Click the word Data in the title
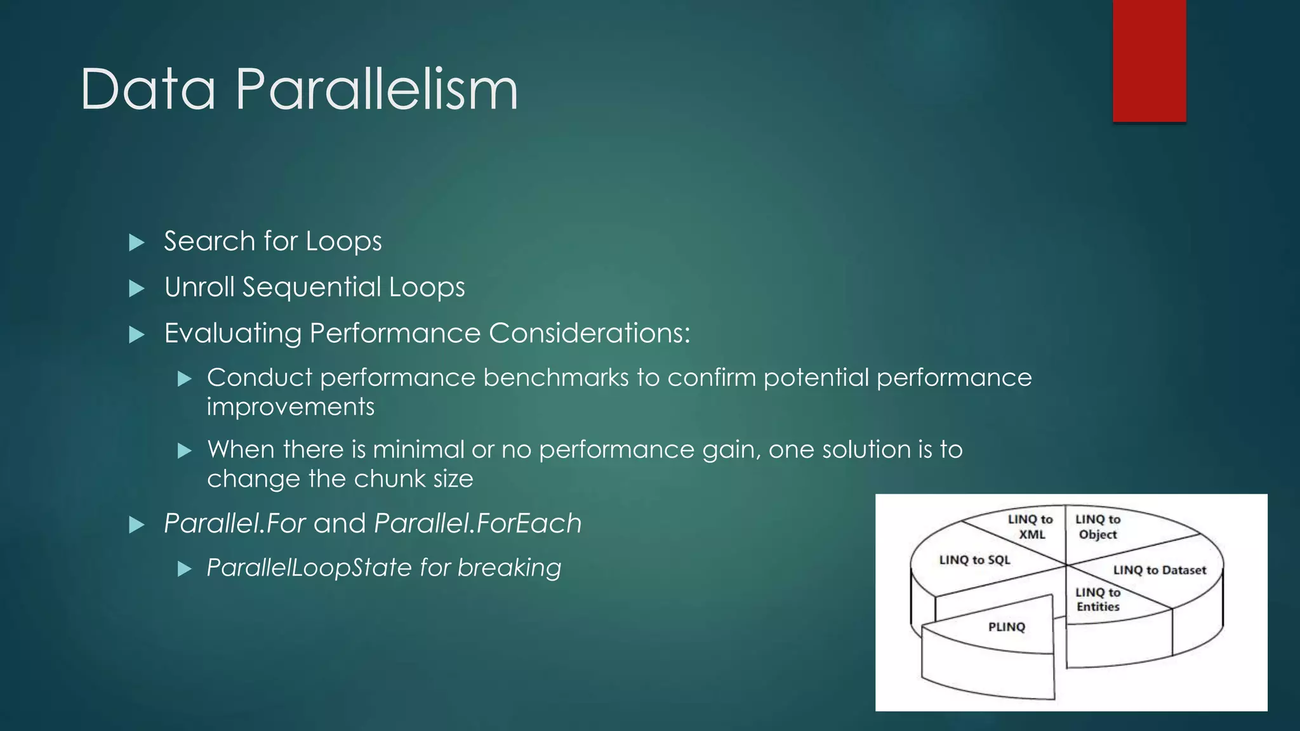click(x=148, y=90)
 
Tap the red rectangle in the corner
click(x=1149, y=60)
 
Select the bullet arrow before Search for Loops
click(x=136, y=242)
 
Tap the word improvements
click(x=291, y=407)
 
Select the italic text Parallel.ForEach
click(x=477, y=524)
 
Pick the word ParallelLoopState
click(x=309, y=568)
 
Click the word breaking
click(x=509, y=568)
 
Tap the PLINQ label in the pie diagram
click(x=1006, y=627)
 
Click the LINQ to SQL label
click(x=974, y=560)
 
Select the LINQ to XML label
click(x=1030, y=527)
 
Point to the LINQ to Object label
click(x=1098, y=527)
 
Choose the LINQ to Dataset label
click(x=1159, y=570)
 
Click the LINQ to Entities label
click(x=1098, y=599)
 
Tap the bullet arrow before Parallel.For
click(x=136, y=525)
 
